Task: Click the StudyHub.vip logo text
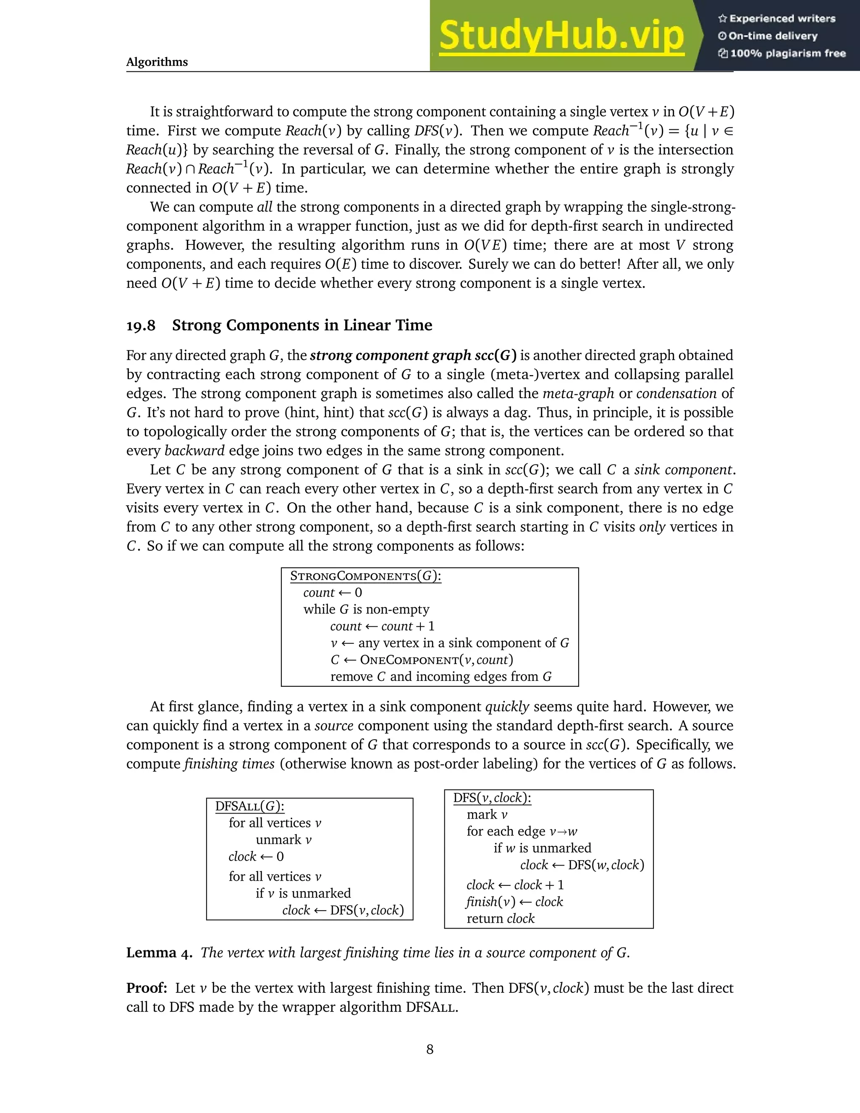(561, 36)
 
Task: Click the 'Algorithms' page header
(157, 62)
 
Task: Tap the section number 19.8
(141, 325)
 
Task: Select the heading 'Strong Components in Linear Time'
(302, 325)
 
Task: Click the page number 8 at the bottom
(430, 1049)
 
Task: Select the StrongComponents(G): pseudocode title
(365, 576)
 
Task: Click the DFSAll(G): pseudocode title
(250, 806)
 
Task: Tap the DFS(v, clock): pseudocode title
(492, 798)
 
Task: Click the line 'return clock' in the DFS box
(500, 918)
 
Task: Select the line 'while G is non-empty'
(366, 609)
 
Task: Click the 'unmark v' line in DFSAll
(283, 840)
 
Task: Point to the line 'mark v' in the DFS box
(487, 814)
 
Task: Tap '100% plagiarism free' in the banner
(787, 53)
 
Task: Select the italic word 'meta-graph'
(578, 394)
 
